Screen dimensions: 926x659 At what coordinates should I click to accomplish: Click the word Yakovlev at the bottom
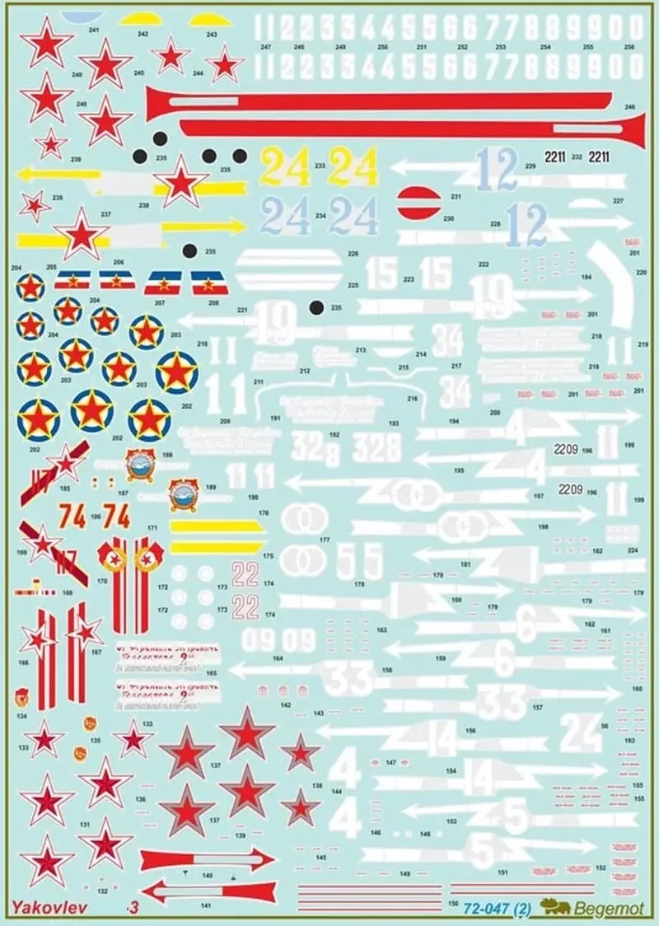click(x=43, y=907)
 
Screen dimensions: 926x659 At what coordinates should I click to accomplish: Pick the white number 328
click(x=376, y=447)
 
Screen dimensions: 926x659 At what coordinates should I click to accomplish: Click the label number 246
click(x=631, y=107)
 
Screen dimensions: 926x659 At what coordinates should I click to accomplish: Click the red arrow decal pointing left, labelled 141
click(x=207, y=890)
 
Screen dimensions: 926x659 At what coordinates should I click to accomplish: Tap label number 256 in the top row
click(x=629, y=47)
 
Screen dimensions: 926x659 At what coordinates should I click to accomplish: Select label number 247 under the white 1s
click(x=264, y=47)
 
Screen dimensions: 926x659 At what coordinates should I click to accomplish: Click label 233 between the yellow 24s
click(x=320, y=166)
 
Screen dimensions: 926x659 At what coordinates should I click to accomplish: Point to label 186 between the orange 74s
click(x=96, y=517)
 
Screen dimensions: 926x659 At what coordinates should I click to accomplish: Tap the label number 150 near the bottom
click(x=452, y=903)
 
